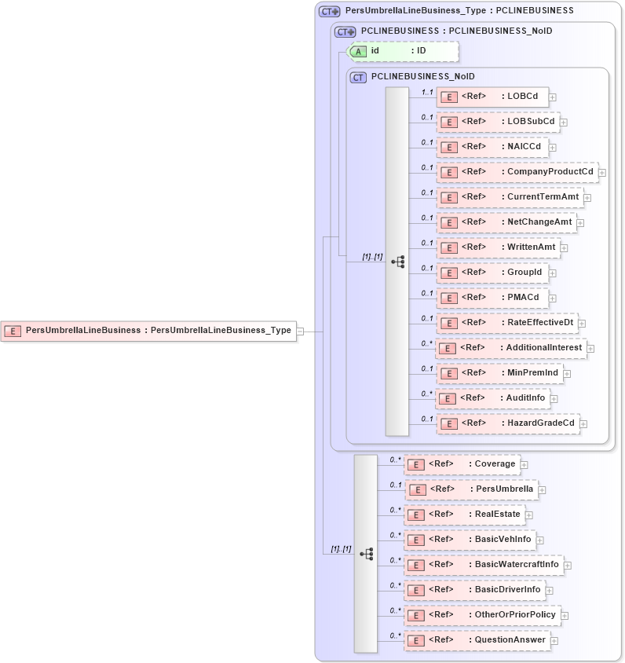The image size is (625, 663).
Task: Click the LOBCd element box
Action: click(492, 97)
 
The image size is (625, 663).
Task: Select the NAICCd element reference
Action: click(492, 147)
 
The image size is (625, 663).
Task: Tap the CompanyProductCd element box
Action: click(517, 172)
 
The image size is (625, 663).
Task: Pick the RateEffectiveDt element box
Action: click(506, 323)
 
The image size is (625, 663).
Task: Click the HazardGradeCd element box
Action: click(508, 423)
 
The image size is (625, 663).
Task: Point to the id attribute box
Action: click(403, 51)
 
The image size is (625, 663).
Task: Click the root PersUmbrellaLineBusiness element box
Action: click(148, 331)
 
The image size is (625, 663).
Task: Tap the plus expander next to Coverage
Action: click(524, 465)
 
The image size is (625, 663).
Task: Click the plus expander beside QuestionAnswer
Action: click(554, 641)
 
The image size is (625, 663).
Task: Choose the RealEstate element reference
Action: click(464, 515)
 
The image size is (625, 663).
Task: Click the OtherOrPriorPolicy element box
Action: click(481, 615)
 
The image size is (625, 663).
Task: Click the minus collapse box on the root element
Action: click(301, 331)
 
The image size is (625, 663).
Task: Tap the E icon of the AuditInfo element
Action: click(447, 398)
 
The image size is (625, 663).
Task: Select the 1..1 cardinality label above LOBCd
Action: click(427, 92)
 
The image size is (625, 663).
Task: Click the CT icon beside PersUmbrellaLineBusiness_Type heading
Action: click(329, 11)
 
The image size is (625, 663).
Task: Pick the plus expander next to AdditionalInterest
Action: click(590, 349)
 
